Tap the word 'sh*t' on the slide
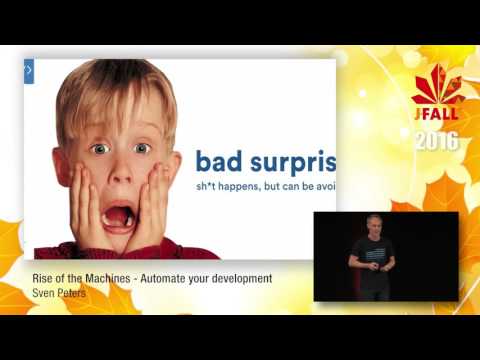point(209,187)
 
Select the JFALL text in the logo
point(436,114)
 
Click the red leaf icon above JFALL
point(438,85)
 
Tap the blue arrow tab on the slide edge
point(29,71)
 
